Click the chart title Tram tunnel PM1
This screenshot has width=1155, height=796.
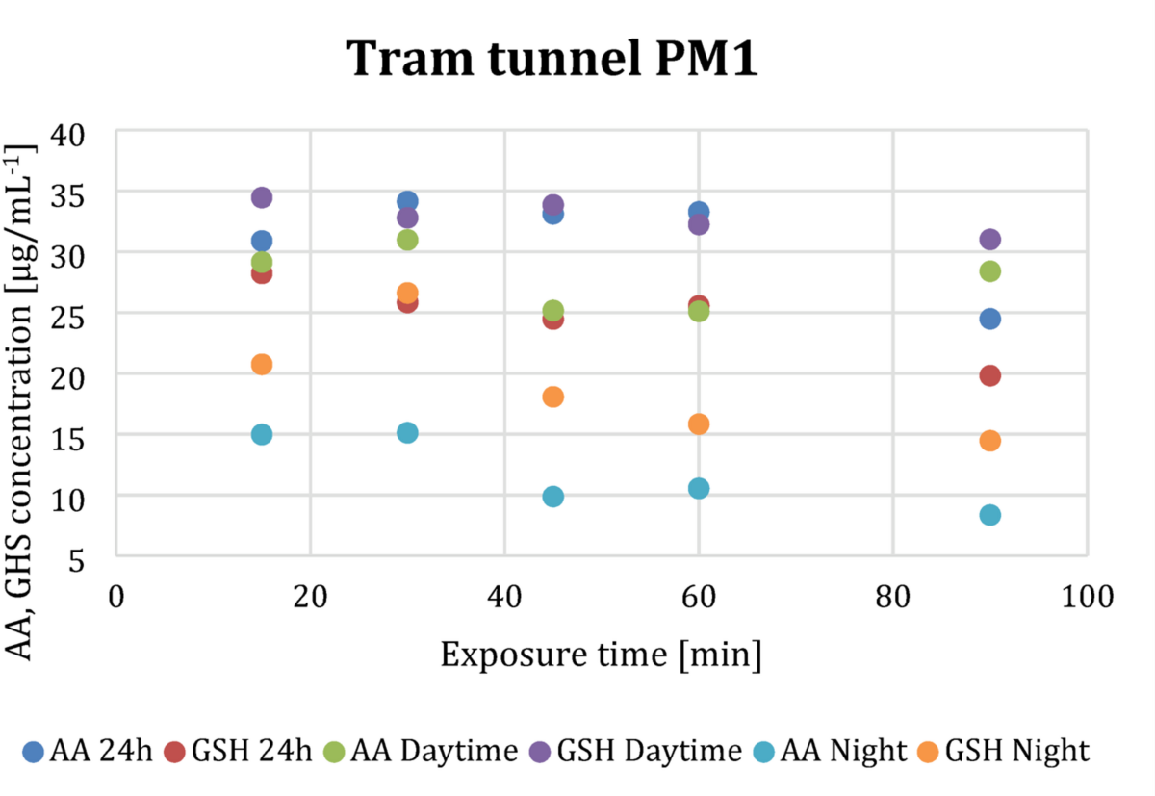click(552, 60)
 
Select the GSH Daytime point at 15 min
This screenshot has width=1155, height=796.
click(262, 197)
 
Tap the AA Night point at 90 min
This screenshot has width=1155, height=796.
click(989, 515)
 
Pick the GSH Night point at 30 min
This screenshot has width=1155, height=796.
click(407, 293)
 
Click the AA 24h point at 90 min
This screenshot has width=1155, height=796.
click(989, 319)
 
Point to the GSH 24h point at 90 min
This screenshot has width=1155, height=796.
click(989, 375)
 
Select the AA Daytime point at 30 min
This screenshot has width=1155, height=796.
click(407, 240)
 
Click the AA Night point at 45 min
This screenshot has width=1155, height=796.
click(553, 497)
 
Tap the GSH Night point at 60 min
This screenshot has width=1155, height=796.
click(699, 424)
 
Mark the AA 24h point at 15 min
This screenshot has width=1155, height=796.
click(262, 241)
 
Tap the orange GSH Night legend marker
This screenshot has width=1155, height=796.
click(930, 751)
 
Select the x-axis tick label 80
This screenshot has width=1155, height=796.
click(893, 597)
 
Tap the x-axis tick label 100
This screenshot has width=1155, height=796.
click(1086, 597)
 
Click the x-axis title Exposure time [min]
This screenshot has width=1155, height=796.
click(602, 656)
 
